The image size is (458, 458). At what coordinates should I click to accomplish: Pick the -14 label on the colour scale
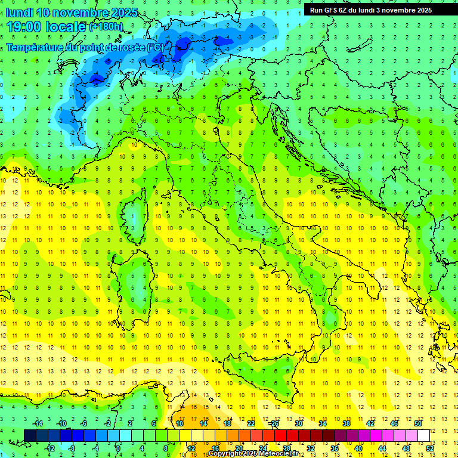(x=39, y=423)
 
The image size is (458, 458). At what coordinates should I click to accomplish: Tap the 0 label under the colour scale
(x=118, y=448)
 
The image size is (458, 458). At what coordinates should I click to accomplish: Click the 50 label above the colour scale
(x=417, y=423)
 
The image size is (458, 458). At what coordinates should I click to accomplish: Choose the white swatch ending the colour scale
(x=423, y=435)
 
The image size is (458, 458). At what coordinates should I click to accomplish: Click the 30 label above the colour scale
(x=298, y=423)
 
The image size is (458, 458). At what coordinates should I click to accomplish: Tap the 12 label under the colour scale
(x=191, y=448)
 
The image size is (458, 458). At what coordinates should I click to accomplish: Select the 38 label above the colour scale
(x=346, y=423)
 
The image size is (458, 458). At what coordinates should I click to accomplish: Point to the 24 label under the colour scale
(x=262, y=448)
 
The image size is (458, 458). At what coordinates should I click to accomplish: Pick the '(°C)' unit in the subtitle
(x=155, y=47)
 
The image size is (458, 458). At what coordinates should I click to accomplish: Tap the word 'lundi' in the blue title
(x=18, y=13)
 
